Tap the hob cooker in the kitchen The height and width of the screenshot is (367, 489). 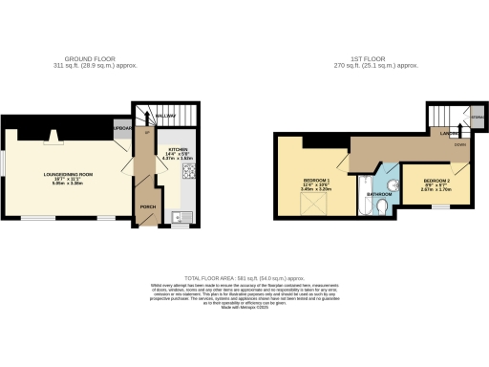click(188, 172)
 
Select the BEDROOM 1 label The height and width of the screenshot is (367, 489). click(315, 181)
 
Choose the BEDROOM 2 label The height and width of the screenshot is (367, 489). click(436, 181)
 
